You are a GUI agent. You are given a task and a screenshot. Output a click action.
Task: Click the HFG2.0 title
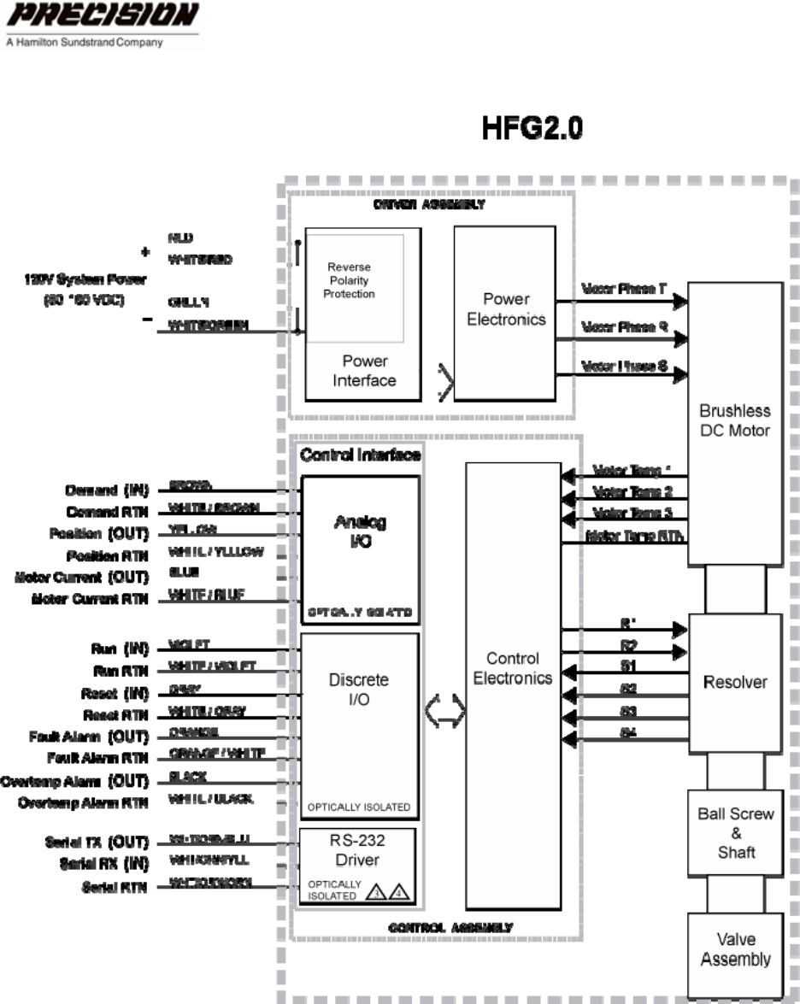(533, 130)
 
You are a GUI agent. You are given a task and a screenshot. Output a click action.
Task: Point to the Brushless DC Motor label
(735, 420)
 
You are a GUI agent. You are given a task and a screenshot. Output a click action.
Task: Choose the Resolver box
(735, 682)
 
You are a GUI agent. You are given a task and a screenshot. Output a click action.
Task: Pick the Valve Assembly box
(735, 950)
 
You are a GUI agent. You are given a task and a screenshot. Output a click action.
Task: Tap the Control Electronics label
(513, 668)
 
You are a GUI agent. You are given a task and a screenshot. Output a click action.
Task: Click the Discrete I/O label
(359, 690)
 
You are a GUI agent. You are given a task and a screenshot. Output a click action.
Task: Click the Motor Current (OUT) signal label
(81, 577)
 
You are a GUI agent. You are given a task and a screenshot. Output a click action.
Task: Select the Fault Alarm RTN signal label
(97, 758)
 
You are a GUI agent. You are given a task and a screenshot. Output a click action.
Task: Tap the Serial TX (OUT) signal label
(97, 843)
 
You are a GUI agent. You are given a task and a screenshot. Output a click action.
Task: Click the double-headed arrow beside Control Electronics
(445, 711)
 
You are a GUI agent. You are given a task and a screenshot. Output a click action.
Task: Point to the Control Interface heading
(360, 455)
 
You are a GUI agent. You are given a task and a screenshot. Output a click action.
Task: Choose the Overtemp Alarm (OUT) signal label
(74, 781)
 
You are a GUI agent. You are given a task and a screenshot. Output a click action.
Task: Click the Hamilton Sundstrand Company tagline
(84, 42)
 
